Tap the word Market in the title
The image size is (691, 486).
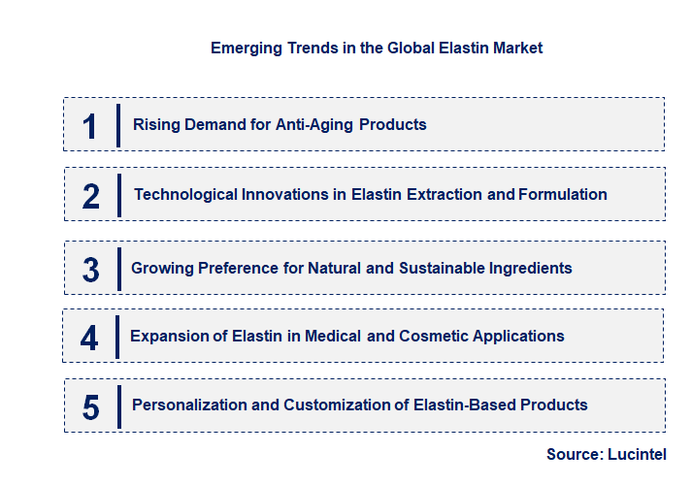pos(515,48)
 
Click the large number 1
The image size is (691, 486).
pos(90,126)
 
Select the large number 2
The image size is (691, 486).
pos(91,196)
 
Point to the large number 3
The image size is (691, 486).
pos(90,270)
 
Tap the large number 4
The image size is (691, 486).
pos(89,338)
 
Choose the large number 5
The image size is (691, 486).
pos(90,407)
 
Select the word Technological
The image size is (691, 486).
pos(181,194)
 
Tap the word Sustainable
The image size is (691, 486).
pos(445,268)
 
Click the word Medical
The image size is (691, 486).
pos(331,336)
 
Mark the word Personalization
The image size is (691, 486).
pos(189,405)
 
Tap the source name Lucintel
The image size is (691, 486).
pos(638,454)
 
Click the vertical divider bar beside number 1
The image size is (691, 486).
pos(117,125)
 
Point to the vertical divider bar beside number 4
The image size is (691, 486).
pos(117,336)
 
